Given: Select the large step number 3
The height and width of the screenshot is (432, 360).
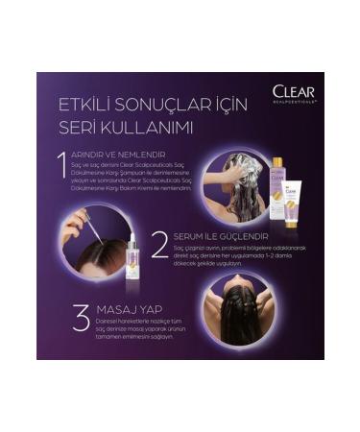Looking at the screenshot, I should click(x=81, y=318).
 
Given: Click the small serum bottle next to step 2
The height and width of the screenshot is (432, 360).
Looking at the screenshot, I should click(x=132, y=262).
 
